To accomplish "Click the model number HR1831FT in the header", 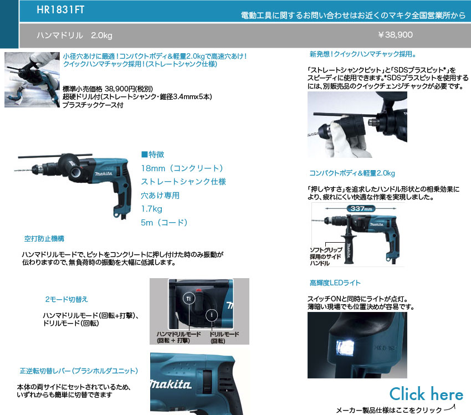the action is [60, 9].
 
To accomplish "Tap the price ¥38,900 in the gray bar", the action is [395, 35].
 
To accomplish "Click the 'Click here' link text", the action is [426, 394].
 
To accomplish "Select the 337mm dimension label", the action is [361, 208].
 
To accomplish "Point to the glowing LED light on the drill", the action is [345, 348].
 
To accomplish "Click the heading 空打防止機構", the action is [44, 239].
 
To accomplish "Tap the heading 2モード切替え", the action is [66, 299].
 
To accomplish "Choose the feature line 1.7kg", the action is [151, 209].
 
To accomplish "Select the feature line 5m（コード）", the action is [165, 223].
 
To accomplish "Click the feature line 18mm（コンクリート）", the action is [182, 168].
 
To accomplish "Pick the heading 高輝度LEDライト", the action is [335, 283].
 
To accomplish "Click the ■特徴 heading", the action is [152, 155].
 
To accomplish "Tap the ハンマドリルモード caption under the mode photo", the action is [178, 337].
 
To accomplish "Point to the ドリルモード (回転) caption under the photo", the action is [224, 337].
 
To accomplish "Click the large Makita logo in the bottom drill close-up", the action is [171, 385].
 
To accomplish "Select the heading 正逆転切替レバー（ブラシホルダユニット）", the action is [79, 371].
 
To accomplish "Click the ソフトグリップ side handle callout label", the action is [326, 257].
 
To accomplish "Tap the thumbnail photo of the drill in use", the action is [32, 80].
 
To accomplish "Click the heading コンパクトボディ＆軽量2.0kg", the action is [352, 173].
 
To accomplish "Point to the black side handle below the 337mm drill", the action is [349, 248].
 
